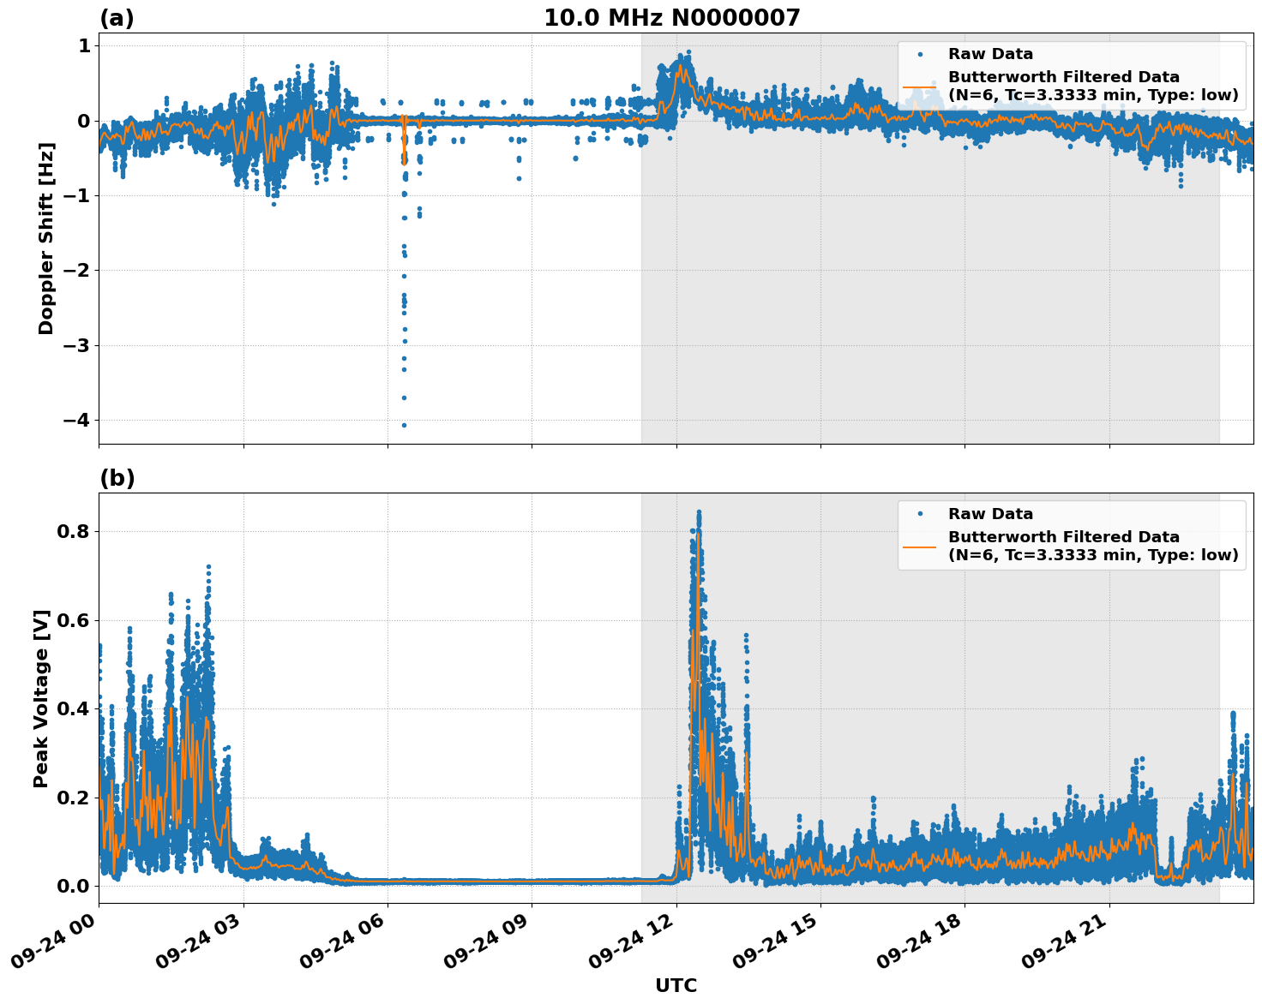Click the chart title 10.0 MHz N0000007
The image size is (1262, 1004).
[671, 18]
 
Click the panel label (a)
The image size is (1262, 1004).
[117, 18]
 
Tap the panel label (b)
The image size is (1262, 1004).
[117, 478]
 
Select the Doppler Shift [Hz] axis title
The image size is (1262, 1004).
[46, 238]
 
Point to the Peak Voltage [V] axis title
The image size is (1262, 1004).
[41, 698]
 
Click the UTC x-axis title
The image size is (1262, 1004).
[676, 985]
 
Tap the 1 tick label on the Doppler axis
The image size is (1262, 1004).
[83, 45]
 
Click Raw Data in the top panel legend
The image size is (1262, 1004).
[990, 54]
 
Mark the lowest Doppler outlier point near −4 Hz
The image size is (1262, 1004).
[404, 425]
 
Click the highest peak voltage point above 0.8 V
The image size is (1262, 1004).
[699, 512]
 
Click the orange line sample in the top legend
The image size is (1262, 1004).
[919, 86]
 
